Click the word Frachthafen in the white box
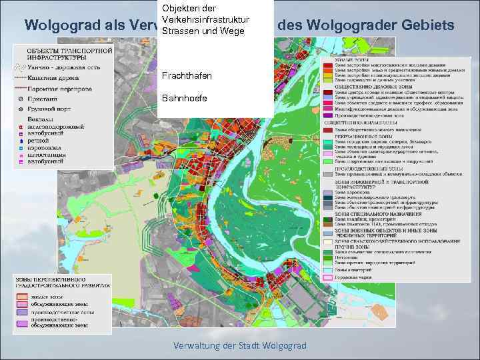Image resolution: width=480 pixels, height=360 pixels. pos(187,76)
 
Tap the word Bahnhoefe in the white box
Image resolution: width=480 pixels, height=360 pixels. pos(184,99)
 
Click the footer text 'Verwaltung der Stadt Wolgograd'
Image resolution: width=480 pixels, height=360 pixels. pos(239,345)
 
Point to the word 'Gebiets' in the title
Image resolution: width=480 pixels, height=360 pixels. pos(428,26)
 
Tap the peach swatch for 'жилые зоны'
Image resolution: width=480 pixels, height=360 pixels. pos(22,294)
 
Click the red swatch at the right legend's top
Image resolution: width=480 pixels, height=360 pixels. pos(329,66)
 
